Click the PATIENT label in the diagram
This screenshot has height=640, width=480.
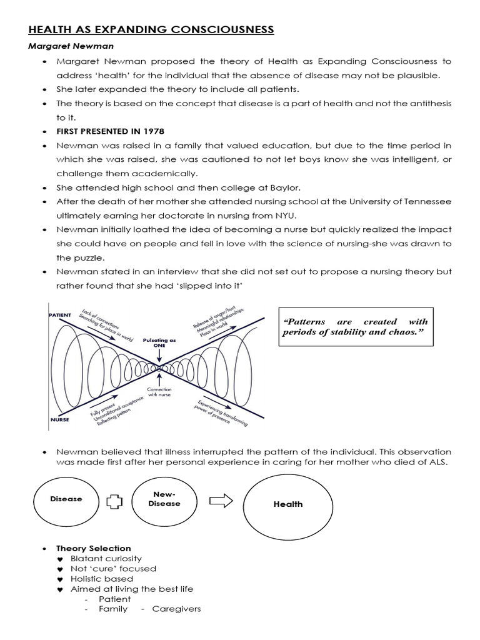(59, 316)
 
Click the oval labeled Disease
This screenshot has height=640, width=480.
(66, 499)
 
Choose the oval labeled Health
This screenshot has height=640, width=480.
(287, 504)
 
